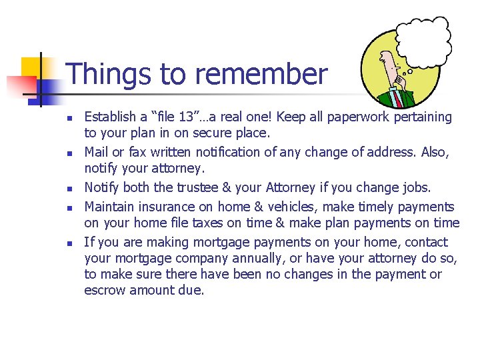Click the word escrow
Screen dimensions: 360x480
point(105,290)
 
